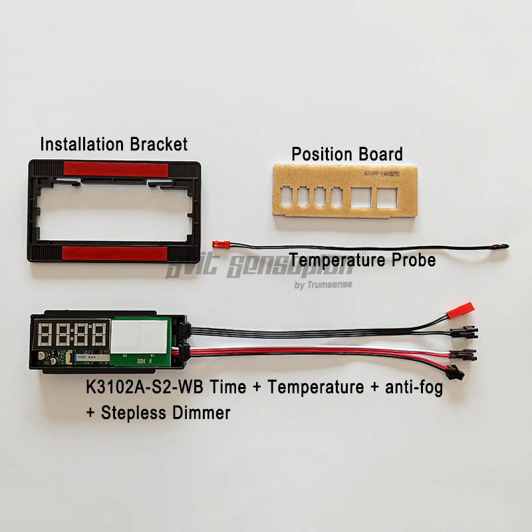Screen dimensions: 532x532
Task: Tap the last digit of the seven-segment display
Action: tap(98, 334)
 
